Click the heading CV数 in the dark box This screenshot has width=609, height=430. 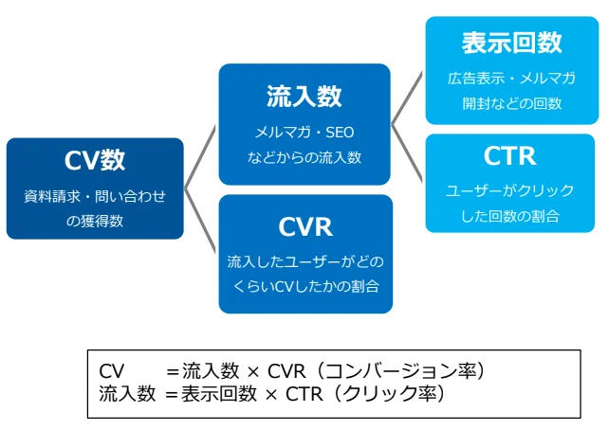tap(95, 160)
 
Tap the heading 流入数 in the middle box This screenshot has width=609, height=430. tap(304, 97)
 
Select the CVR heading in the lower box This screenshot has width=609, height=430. tap(305, 226)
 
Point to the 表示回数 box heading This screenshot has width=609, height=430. tap(512, 43)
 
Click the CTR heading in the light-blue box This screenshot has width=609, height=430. tap(510, 156)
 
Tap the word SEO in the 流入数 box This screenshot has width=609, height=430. tap(340, 133)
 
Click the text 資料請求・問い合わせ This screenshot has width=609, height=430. tap(95, 196)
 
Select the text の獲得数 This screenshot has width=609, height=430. tap(95, 221)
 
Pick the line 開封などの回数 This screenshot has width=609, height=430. tap(512, 103)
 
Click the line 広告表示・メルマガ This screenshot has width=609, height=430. tap(511, 79)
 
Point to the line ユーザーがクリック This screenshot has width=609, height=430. tap(509, 190)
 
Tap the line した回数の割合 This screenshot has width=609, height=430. tap(510, 216)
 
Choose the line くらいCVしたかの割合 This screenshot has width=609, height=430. tap(306, 287)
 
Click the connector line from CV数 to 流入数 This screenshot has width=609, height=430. tap(199, 157)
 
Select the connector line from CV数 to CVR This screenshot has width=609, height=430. tap(199, 221)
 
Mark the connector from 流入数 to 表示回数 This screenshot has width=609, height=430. tap(407, 99)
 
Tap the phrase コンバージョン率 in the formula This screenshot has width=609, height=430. tap(400, 371)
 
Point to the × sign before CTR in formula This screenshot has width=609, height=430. tap(271, 395)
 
